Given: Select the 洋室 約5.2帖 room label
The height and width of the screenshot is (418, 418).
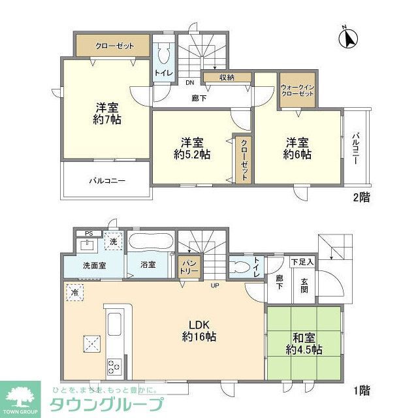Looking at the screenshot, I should coord(192,148).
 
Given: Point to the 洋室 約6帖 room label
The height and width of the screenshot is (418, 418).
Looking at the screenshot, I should coord(297,148).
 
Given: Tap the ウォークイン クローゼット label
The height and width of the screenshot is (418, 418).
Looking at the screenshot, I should coord(297,90).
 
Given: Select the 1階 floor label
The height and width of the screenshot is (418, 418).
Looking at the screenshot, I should coord(361,391).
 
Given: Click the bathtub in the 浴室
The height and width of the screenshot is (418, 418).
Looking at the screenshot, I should coord(150,242).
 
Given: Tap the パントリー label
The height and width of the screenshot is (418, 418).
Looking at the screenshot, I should coord(189,268).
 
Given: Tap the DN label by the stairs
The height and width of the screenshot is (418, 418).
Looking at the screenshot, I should coord(189,83).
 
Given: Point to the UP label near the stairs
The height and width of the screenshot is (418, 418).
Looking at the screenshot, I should coord(214,285).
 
